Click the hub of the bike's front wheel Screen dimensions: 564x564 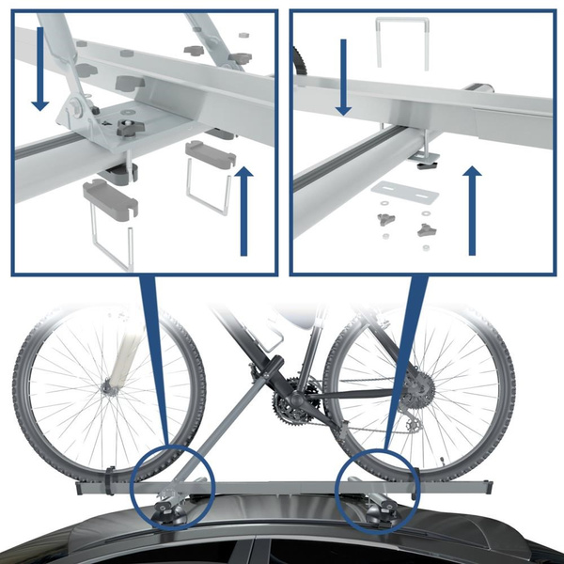[x=111, y=385]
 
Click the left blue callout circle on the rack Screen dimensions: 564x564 [x=169, y=485]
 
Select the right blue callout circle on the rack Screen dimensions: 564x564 [x=376, y=489]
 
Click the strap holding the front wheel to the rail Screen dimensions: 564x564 [x=111, y=479]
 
